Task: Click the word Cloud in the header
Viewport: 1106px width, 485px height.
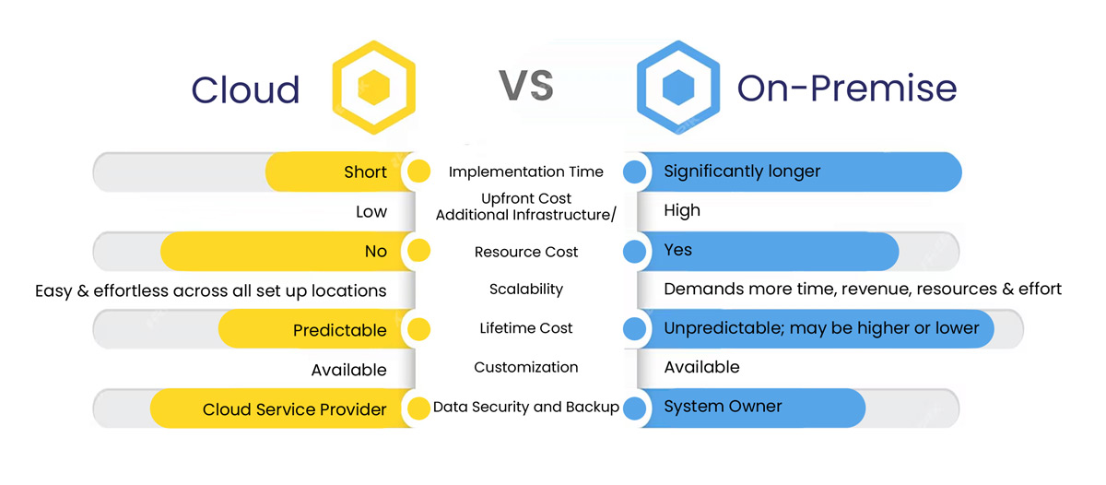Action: [x=245, y=89]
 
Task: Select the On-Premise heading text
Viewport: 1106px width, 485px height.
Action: [x=847, y=89]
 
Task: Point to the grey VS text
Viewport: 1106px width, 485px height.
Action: [x=526, y=86]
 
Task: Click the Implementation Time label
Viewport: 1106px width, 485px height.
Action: [x=526, y=172]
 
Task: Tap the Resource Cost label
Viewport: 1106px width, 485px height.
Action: [x=526, y=252]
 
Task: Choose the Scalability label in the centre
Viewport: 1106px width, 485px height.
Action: [x=526, y=289]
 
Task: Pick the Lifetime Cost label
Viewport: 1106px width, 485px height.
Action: [x=526, y=328]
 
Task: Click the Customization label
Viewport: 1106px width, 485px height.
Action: [x=526, y=367]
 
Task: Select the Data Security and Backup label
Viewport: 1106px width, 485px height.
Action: [x=526, y=407]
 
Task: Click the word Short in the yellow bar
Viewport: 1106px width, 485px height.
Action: [x=365, y=172]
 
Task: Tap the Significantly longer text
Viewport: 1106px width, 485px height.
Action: [x=742, y=172]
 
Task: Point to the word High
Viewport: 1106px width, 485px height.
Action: [x=682, y=210]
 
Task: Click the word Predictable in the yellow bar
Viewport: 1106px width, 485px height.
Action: [x=340, y=330]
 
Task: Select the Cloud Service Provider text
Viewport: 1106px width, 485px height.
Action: [x=294, y=409]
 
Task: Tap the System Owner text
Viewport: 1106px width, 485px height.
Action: [x=723, y=407]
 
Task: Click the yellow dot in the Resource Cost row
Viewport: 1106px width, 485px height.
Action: [x=418, y=250]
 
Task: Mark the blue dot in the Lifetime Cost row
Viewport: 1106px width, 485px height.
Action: [x=634, y=329]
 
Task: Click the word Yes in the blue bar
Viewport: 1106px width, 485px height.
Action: [x=677, y=250]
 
